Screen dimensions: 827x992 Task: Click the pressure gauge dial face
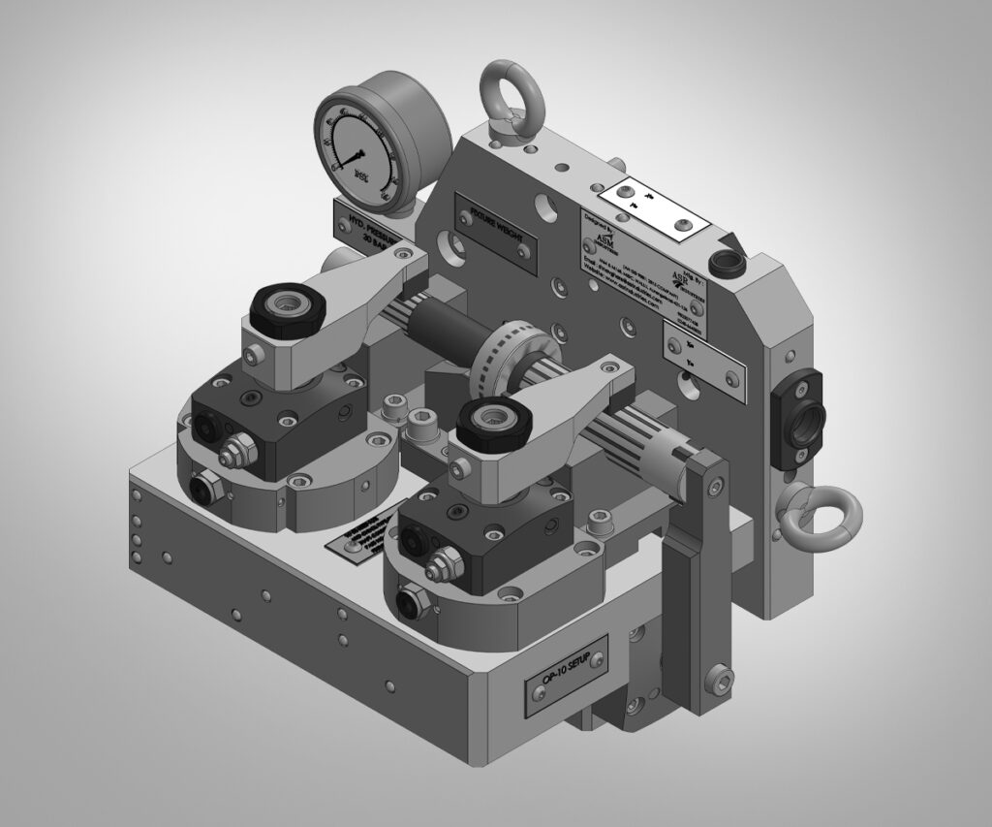point(359,144)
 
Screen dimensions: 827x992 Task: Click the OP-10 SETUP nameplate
point(567,676)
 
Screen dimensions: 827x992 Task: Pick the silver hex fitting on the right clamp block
point(441,559)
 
